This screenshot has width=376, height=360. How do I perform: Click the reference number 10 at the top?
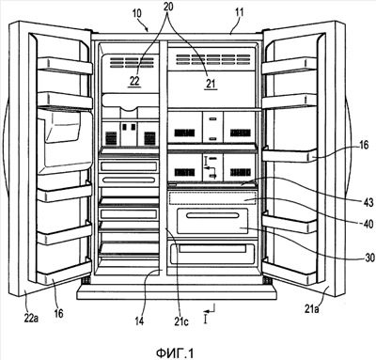[x=136, y=13]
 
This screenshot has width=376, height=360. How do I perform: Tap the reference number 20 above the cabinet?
[x=168, y=7]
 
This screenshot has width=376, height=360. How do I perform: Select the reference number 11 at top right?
[x=239, y=13]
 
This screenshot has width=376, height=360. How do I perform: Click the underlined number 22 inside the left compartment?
[x=134, y=81]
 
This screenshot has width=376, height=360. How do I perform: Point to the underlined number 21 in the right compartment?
[x=211, y=84]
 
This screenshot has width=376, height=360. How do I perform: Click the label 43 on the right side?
[x=368, y=202]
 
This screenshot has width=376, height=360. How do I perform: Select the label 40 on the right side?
[x=368, y=224]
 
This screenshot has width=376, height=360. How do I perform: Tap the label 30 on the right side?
[x=369, y=258]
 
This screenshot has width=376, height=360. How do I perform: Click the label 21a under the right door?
[x=312, y=309]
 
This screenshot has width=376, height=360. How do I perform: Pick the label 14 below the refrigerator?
[x=139, y=321]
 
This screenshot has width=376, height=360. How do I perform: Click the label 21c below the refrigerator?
[x=181, y=321]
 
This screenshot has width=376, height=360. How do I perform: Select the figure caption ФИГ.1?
[x=175, y=353]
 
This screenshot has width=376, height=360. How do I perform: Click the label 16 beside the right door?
[x=364, y=145]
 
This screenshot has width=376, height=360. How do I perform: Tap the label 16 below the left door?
[x=58, y=313]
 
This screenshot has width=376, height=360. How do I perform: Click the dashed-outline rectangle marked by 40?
[x=212, y=198]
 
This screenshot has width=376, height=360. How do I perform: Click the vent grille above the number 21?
[x=213, y=59]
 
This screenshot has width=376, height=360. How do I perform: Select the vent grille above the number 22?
[x=132, y=62]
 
